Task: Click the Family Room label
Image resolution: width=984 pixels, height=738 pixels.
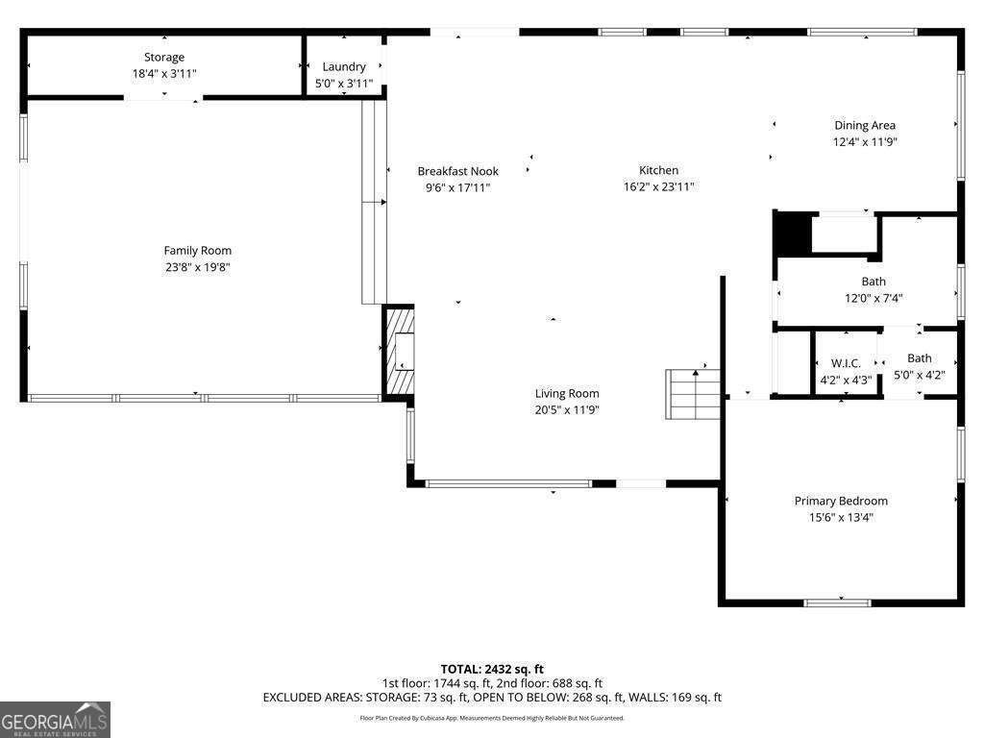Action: (197, 251)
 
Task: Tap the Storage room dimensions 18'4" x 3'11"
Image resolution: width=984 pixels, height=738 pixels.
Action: (164, 74)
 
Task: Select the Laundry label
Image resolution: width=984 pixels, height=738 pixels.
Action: (344, 66)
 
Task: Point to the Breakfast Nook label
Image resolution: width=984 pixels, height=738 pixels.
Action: (457, 171)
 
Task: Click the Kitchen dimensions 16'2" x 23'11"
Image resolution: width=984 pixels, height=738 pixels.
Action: (658, 187)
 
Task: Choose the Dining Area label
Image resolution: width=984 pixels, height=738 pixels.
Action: (865, 125)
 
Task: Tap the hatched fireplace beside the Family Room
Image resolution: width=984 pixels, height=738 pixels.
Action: (399, 352)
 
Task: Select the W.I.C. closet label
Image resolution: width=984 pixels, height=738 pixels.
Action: (846, 363)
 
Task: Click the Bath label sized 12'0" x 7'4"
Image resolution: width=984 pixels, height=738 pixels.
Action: (873, 282)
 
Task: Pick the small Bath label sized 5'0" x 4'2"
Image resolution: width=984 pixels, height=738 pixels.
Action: (919, 358)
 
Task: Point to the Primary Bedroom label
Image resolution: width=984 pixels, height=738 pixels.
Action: (841, 501)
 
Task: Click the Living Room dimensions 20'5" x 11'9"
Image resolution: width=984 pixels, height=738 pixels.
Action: (567, 410)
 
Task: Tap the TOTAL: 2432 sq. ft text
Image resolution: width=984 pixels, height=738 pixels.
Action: (492, 669)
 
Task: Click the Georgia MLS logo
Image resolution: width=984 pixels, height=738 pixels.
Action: (55, 719)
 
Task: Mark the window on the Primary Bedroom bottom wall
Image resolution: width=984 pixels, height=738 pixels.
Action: (837, 603)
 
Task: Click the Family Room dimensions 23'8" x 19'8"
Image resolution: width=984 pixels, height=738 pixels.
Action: (197, 268)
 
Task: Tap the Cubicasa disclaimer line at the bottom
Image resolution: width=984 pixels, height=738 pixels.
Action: (492, 718)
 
